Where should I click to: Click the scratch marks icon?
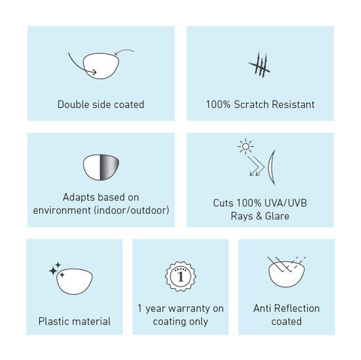(259, 64)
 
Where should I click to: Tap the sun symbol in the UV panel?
(245, 146)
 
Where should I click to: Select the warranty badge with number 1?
(180, 276)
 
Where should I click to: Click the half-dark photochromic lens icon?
(101, 167)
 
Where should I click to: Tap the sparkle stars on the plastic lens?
(56, 269)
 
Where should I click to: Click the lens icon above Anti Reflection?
(287, 274)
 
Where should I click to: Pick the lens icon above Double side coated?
(101, 66)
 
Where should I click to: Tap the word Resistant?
(293, 104)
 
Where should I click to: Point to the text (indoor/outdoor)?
(131, 210)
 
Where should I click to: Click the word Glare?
(277, 216)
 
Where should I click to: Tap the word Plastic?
(53, 321)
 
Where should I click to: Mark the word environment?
(62, 211)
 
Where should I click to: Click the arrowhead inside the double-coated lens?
(94, 72)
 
